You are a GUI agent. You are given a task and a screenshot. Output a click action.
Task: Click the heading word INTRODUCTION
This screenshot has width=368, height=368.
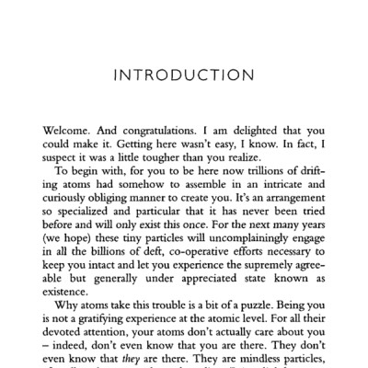click(184, 74)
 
